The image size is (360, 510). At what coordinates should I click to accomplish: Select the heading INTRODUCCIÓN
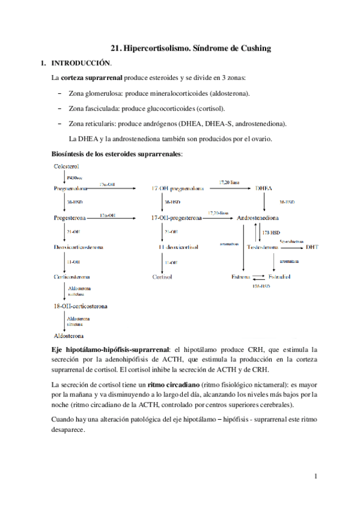tap(81, 63)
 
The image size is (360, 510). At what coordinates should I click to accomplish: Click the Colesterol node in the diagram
tap(67, 166)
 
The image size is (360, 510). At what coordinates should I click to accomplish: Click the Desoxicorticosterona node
tap(78, 247)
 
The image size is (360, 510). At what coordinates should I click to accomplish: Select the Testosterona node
tap(263, 247)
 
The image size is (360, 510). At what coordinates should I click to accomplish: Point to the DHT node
tap(312, 247)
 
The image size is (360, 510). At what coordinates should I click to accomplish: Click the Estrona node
tap(241, 277)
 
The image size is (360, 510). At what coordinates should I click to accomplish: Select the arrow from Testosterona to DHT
tap(291, 247)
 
